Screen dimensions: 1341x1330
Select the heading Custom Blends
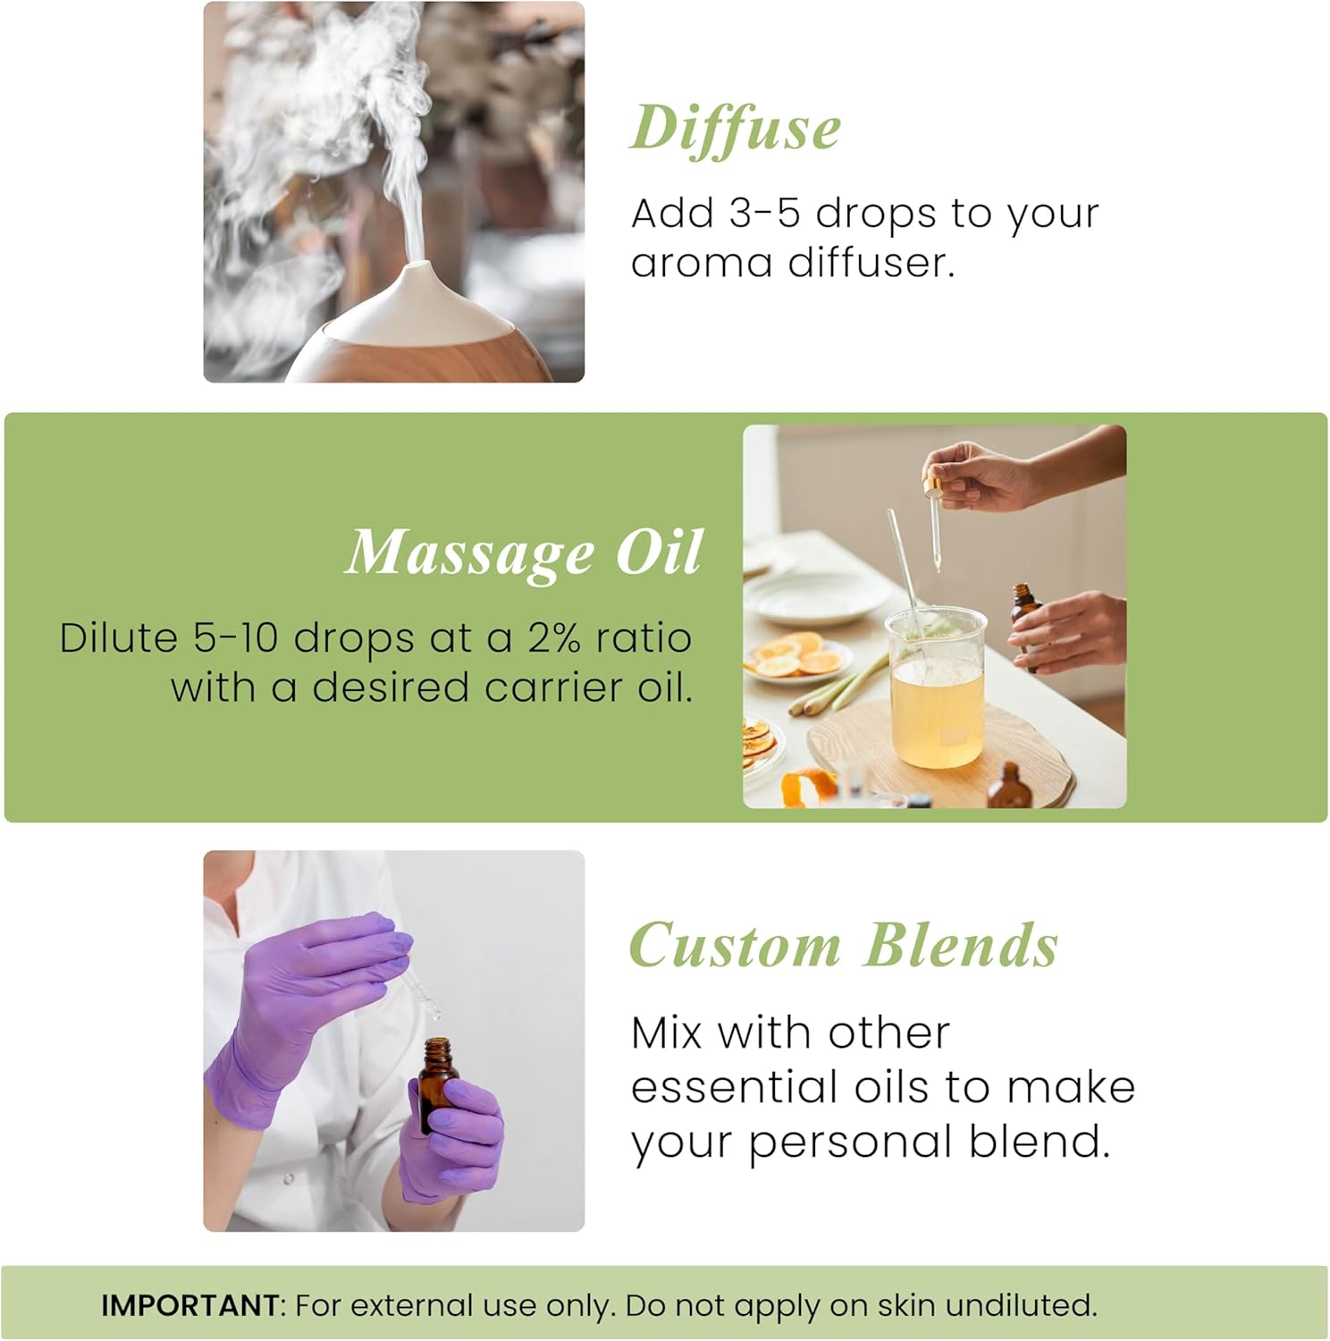pos(843,946)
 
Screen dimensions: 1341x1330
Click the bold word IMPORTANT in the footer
pos(189,1305)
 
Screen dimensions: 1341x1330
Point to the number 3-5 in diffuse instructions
pos(764,214)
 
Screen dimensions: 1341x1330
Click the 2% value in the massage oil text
pos(554,638)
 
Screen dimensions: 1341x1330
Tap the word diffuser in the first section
pos(871,263)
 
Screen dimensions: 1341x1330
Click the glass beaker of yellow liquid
pos(936,688)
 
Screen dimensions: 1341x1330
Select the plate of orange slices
pos(797,657)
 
